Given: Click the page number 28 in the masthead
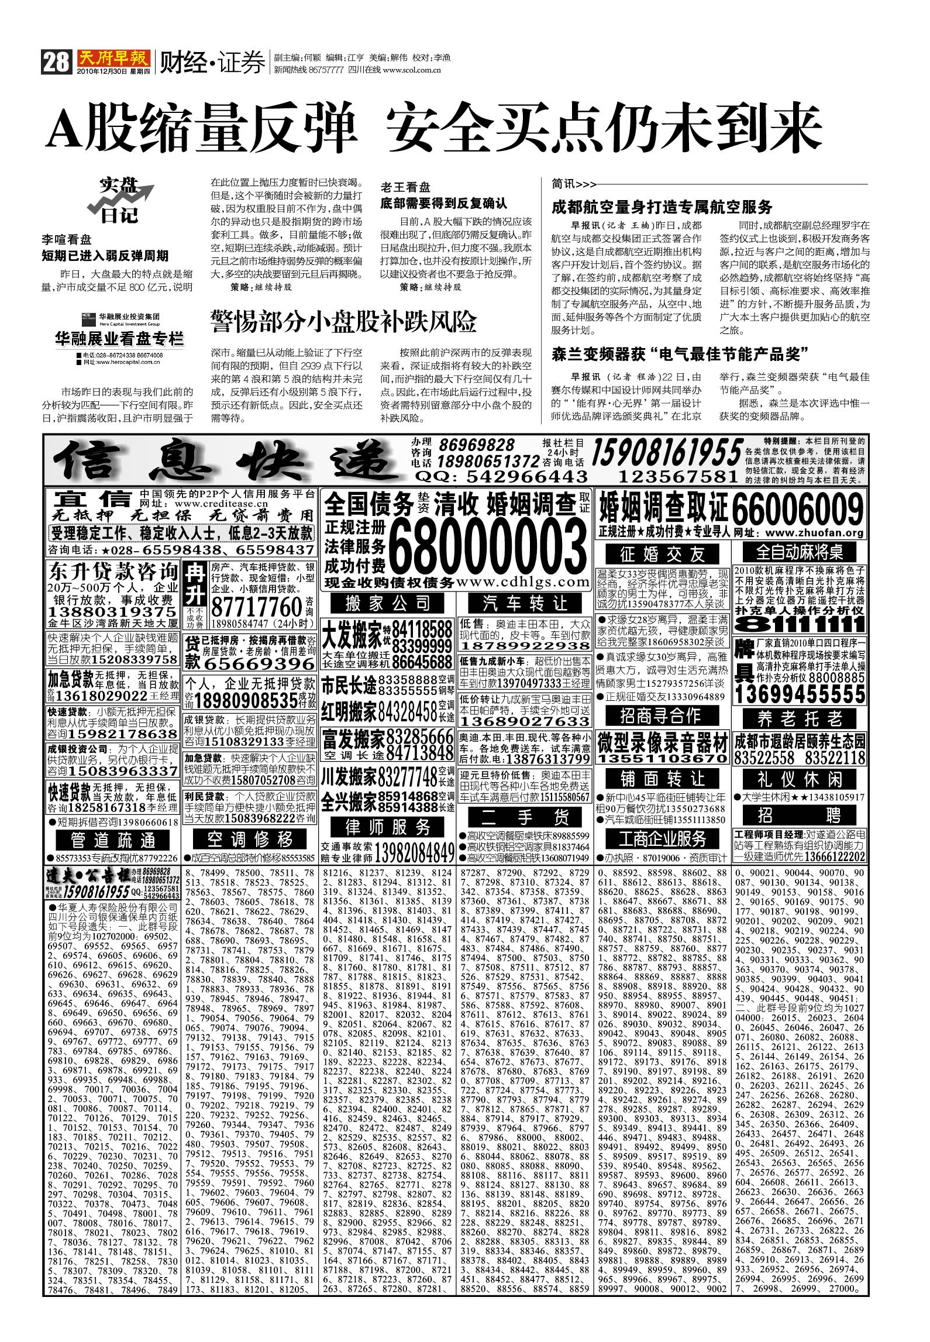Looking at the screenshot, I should coord(56,61).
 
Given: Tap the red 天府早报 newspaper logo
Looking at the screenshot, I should coord(113,58).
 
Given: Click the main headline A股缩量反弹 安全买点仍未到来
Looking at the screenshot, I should coord(434,128).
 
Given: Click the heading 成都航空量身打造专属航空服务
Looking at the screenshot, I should coord(662,207).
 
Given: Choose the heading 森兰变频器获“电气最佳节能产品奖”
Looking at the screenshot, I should coord(680,354).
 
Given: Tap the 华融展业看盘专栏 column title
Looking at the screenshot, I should coord(119,339).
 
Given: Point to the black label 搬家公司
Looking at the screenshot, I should coord(387,603).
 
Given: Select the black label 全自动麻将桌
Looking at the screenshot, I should coord(798,552).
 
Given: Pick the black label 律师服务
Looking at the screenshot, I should coord(388,827).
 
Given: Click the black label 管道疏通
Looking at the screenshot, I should coord(113,840).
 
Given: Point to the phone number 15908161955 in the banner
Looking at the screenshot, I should coord(667,453).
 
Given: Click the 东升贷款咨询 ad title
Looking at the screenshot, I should coord(113,572).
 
